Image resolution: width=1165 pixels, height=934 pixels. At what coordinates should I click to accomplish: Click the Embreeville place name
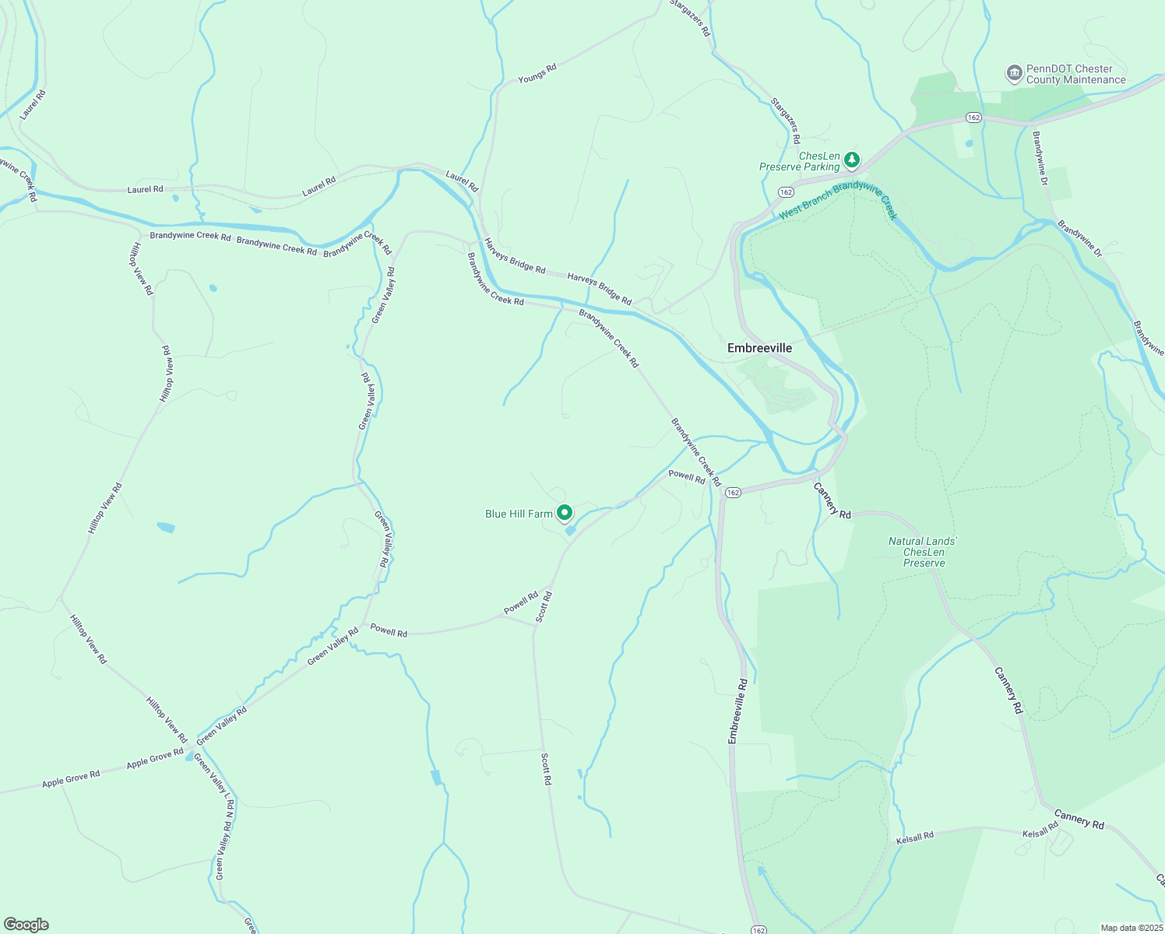pos(759,348)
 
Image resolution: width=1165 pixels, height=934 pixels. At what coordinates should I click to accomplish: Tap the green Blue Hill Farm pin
pos(564,513)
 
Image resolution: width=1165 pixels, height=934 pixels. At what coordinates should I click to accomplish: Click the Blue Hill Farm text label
pos(519,514)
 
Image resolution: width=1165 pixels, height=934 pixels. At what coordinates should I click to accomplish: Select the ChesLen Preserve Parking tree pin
pos(852,160)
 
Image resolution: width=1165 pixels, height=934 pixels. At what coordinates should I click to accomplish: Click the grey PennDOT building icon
pos(1014,74)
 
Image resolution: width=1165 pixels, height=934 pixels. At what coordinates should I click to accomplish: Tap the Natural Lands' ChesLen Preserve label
pos(924,552)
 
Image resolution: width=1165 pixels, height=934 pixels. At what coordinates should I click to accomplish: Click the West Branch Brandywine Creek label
pos(838,200)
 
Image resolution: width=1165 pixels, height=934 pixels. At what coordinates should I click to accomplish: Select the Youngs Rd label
pos(537,73)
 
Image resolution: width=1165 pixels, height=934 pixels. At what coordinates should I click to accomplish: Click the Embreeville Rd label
pos(737,711)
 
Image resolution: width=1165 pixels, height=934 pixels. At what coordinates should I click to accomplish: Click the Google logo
pos(25,925)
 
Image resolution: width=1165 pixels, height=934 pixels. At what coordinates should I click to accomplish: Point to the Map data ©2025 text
pos(1131,928)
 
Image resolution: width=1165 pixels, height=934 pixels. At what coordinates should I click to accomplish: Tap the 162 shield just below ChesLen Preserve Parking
pos(786,191)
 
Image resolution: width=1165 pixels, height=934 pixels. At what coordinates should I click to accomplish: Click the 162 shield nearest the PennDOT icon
pos(973,117)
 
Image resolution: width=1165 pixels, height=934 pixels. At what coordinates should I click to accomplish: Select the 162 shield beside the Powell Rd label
pos(733,493)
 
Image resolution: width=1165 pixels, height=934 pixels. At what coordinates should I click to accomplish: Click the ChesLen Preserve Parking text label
pos(800,161)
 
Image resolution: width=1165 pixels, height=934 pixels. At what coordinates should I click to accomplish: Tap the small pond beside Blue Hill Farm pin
pos(570,531)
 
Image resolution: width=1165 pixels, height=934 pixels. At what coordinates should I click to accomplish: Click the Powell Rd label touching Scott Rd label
pos(521,602)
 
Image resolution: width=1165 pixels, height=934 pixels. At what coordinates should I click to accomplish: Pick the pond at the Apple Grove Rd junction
pos(190,757)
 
